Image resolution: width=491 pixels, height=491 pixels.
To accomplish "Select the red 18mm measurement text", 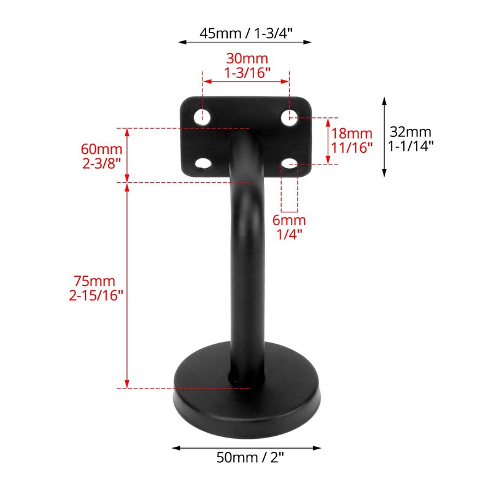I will (x=352, y=133).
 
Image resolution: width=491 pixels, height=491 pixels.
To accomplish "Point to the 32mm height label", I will (x=411, y=131).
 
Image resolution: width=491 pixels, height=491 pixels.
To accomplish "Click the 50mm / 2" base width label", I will (x=245, y=457).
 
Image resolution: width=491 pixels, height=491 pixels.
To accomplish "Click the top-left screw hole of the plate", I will (x=202, y=117).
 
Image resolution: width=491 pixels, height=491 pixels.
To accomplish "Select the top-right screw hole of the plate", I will (x=290, y=117).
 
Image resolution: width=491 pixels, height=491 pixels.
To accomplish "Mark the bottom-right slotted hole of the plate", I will (x=290, y=163).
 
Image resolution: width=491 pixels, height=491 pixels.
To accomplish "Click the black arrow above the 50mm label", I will (x=245, y=447).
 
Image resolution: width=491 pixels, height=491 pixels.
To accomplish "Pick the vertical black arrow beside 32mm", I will (x=384, y=136).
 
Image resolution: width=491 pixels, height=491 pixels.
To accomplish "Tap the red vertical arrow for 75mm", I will (x=127, y=285).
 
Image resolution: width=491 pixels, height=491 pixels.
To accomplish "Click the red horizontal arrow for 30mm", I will (x=246, y=80).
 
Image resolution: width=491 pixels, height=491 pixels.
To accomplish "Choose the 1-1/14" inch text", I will (x=411, y=146).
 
